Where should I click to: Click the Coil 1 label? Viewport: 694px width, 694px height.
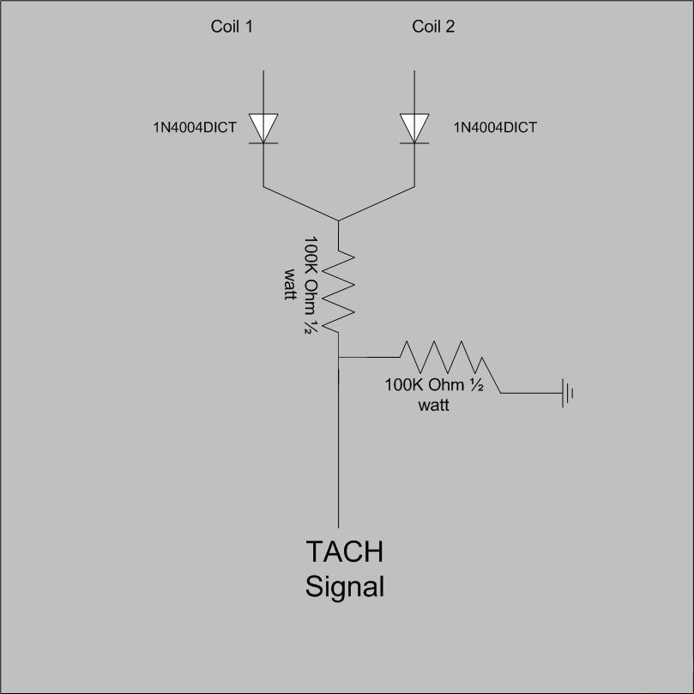(x=232, y=27)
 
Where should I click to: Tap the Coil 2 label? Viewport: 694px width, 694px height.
(x=433, y=27)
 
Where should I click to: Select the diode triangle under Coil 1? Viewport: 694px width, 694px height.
(x=263, y=128)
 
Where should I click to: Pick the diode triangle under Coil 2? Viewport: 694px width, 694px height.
(x=414, y=128)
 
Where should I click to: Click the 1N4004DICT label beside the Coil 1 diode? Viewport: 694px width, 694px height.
(x=195, y=128)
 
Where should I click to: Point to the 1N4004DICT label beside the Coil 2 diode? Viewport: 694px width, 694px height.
(x=495, y=128)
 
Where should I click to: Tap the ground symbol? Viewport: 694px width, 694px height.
(x=567, y=393)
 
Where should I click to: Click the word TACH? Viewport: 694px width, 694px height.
(x=344, y=552)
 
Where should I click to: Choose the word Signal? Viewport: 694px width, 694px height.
(x=344, y=587)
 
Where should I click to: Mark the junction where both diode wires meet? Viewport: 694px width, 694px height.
(x=338, y=220)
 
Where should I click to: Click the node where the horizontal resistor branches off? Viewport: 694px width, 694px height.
(x=339, y=357)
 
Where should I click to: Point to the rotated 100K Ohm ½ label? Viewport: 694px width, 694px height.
(x=311, y=285)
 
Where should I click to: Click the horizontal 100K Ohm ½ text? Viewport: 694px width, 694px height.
(x=434, y=385)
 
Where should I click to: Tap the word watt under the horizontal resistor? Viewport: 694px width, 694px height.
(x=434, y=405)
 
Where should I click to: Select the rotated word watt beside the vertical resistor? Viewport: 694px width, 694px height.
(x=290, y=284)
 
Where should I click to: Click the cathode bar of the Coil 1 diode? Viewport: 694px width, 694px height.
(x=263, y=143)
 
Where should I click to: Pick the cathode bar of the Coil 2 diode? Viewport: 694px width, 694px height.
(x=414, y=143)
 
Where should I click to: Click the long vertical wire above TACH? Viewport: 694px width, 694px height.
(x=339, y=443)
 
